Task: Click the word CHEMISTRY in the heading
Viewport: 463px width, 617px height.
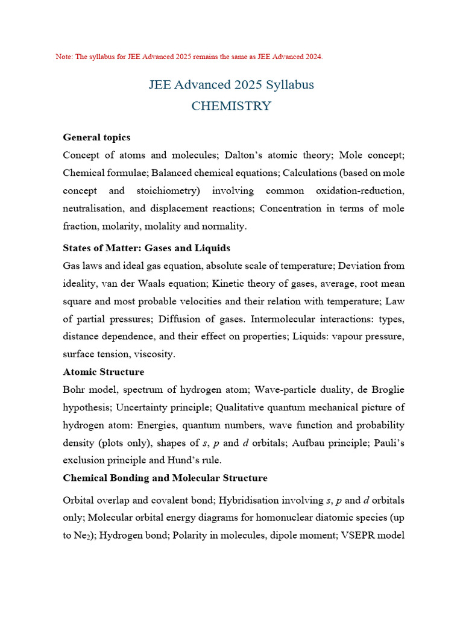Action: tap(231, 106)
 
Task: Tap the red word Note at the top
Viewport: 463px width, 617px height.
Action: tap(63, 57)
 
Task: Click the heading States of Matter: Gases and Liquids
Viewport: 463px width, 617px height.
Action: tap(146, 248)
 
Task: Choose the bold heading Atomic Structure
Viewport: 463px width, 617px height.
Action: tap(104, 372)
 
